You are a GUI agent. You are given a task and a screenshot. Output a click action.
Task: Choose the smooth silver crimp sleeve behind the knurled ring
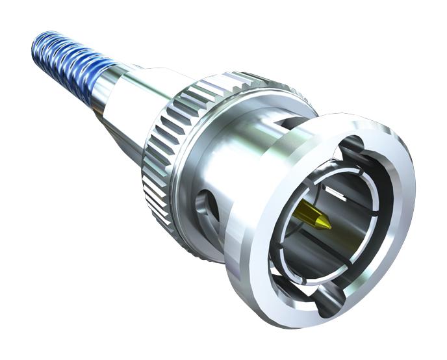pyautogui.click(x=130, y=97)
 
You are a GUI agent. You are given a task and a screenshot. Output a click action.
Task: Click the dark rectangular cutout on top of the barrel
pyautogui.click(x=286, y=123)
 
